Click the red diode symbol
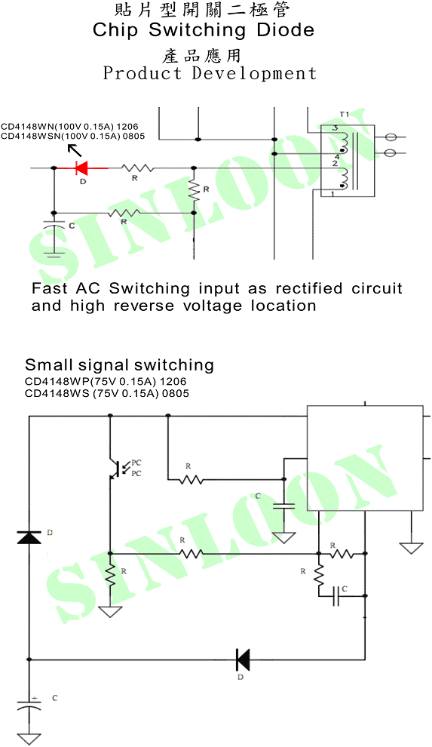point(81,168)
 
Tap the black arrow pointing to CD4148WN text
point(74,150)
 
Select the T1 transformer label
point(345,115)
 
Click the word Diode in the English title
point(286,30)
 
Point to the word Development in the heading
point(254,73)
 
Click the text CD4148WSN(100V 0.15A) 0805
point(73,137)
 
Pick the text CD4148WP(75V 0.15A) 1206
point(106,382)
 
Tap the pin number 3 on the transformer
point(335,128)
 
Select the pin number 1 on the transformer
point(332,193)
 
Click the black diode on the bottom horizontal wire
point(243,659)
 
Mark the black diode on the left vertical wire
point(29,537)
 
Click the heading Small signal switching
point(119,365)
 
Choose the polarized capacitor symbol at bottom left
point(29,704)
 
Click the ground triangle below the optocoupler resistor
point(110,611)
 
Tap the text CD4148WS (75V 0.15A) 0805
point(106,394)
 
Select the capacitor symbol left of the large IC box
point(283,506)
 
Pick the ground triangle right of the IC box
point(411,549)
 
